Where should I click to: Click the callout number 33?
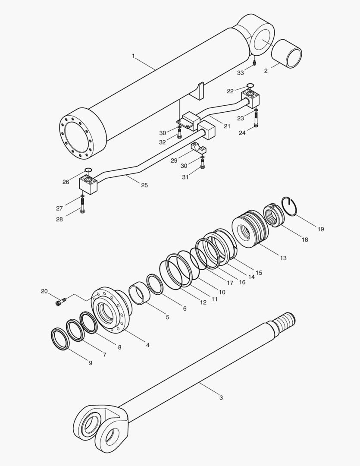(241, 73)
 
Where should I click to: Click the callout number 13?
(283, 258)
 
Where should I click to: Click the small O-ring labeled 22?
(250, 85)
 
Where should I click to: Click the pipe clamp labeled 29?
(200, 150)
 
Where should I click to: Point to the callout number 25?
(144, 185)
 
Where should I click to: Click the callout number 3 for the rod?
(221, 397)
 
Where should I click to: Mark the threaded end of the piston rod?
(285, 322)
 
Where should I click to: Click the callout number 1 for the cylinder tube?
(134, 56)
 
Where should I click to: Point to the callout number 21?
(227, 126)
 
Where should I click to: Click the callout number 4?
(147, 345)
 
